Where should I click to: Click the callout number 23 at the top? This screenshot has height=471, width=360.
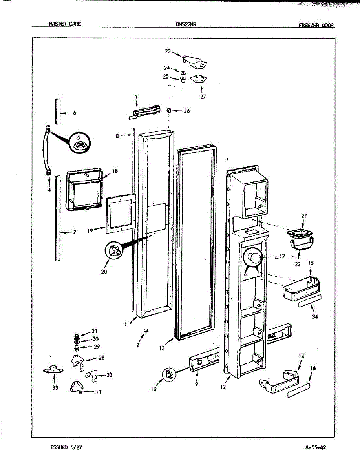(x=168, y=51)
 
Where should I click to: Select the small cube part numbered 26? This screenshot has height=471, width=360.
(x=169, y=111)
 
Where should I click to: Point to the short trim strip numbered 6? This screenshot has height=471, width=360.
(x=58, y=111)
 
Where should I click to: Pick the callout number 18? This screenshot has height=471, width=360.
(x=115, y=171)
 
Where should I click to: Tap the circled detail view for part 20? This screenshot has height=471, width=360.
(x=113, y=251)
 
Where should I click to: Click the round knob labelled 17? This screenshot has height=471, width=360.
(x=253, y=259)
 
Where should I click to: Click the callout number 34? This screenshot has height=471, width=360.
(x=314, y=317)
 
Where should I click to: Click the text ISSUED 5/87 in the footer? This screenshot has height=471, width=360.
(x=66, y=447)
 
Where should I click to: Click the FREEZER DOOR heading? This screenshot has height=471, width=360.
(x=316, y=25)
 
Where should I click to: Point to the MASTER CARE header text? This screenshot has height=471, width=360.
(x=65, y=24)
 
